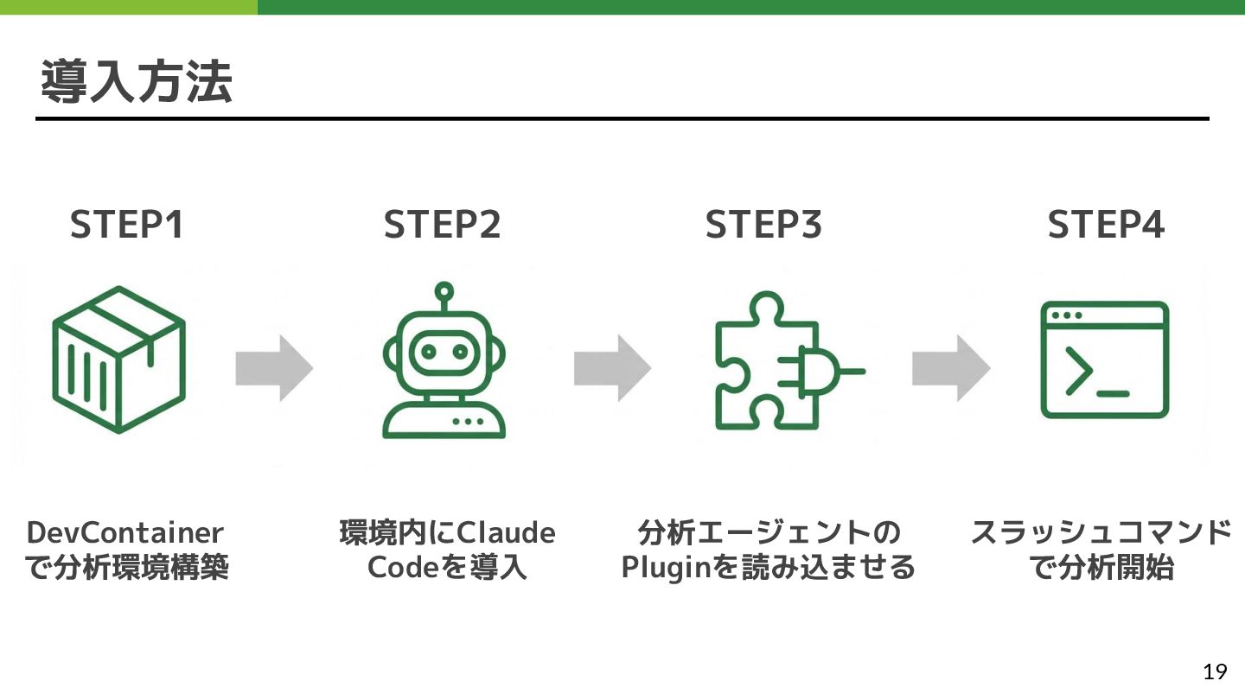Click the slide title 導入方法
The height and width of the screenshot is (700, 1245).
coord(137,83)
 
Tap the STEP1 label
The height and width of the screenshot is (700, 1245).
coord(127,226)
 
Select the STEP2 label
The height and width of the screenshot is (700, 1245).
coord(442,226)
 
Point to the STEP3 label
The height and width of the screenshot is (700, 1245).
coord(763,226)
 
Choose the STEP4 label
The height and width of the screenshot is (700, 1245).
coord(1106,226)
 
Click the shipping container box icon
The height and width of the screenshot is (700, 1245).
coord(118,359)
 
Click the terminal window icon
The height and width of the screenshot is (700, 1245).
coord(1105,360)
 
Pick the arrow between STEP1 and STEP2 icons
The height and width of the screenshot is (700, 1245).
coord(274,366)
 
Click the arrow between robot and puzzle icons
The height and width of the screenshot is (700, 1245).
coord(612,366)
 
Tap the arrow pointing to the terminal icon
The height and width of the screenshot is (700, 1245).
coord(950,366)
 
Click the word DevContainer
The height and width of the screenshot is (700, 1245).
coord(124,532)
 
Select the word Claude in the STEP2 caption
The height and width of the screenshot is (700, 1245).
coord(506,532)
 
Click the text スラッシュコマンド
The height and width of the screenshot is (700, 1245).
coord(1101,532)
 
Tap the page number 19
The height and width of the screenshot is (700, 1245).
coord(1215,671)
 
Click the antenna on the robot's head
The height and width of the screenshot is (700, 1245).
coord(444,292)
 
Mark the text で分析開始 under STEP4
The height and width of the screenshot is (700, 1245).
coord(1101,569)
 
